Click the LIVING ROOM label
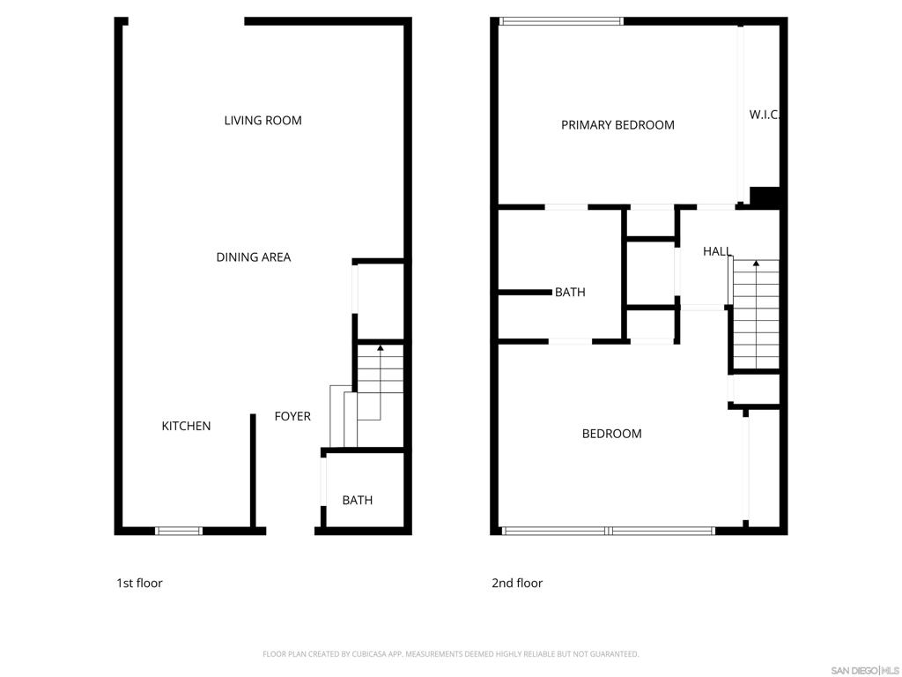262,121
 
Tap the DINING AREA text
254,257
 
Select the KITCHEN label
186,426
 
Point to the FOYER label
292,416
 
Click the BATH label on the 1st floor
357,500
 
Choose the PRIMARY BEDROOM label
617,125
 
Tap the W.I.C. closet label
764,115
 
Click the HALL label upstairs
716,251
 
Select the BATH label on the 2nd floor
570,292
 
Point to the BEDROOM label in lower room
611,434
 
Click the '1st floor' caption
139,583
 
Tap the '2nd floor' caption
517,583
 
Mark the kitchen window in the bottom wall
179,531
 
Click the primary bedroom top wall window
561,21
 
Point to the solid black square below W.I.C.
765,197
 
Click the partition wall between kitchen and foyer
253,472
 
